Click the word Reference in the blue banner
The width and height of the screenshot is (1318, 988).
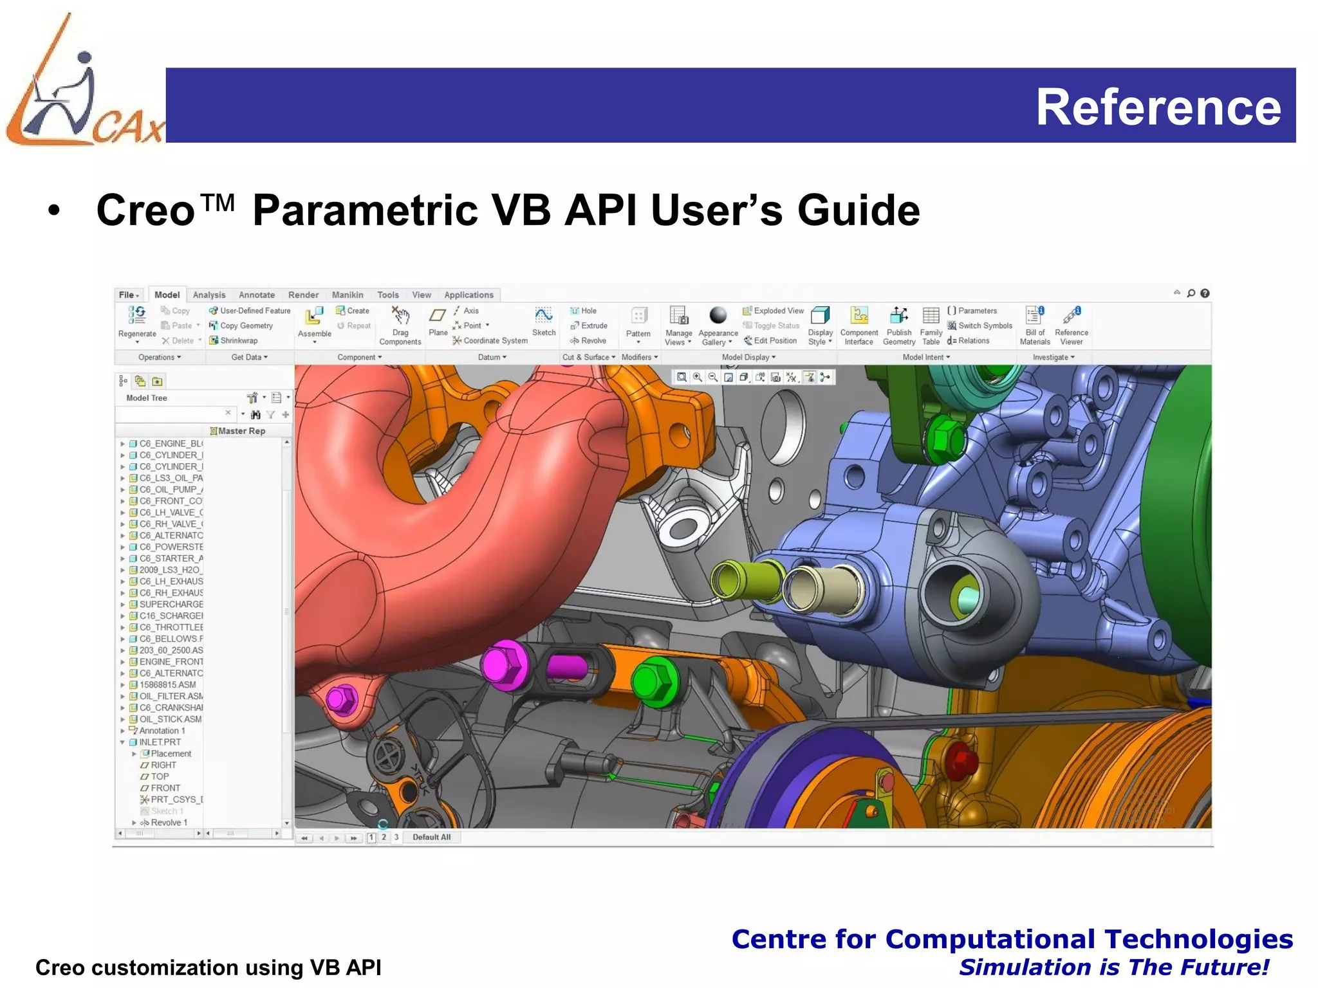[x=1158, y=107]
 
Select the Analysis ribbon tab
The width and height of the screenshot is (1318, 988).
[x=209, y=295]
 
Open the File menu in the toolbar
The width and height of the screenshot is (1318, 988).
[x=128, y=295]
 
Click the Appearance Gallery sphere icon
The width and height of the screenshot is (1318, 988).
[x=718, y=315]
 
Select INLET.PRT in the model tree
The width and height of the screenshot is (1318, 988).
[x=160, y=742]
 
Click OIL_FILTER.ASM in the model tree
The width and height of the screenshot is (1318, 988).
[x=171, y=697]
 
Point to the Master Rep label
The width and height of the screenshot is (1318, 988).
[x=241, y=431]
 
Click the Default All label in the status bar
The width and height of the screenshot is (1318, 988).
[x=431, y=837]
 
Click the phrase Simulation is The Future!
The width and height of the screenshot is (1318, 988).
[x=1113, y=967]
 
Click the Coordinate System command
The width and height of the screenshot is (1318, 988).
[x=495, y=341]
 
